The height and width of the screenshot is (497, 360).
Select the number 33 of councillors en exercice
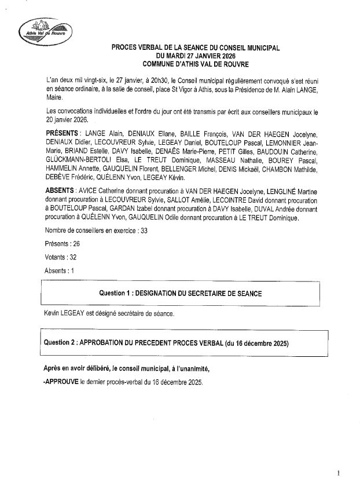pyautogui.click(x=144, y=231)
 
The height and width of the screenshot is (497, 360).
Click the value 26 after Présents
pyautogui.click(x=76, y=244)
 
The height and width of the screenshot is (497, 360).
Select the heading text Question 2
pyautogui.click(x=60, y=343)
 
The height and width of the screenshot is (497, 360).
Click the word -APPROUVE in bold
pyautogui.click(x=62, y=382)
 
